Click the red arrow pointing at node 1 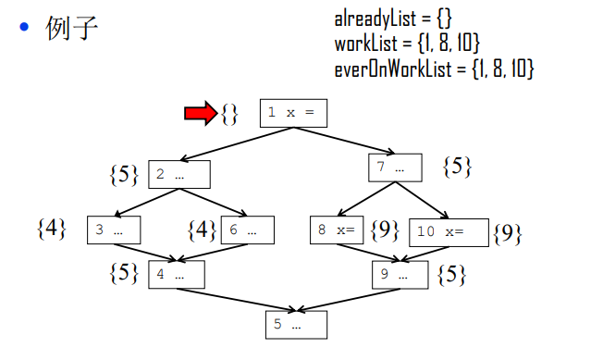tap(200, 113)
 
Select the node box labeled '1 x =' tap(293, 112)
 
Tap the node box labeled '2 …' tap(179, 174)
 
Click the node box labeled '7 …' tap(395, 168)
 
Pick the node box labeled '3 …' tap(113, 230)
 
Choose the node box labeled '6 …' tap(246, 230)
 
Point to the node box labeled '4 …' tap(175, 274)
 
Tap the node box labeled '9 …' tap(400, 274)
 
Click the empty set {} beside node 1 tap(229, 114)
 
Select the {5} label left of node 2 tap(123, 173)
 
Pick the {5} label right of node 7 tap(457, 167)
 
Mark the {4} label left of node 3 tap(51, 228)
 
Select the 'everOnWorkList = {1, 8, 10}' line tap(435, 68)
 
